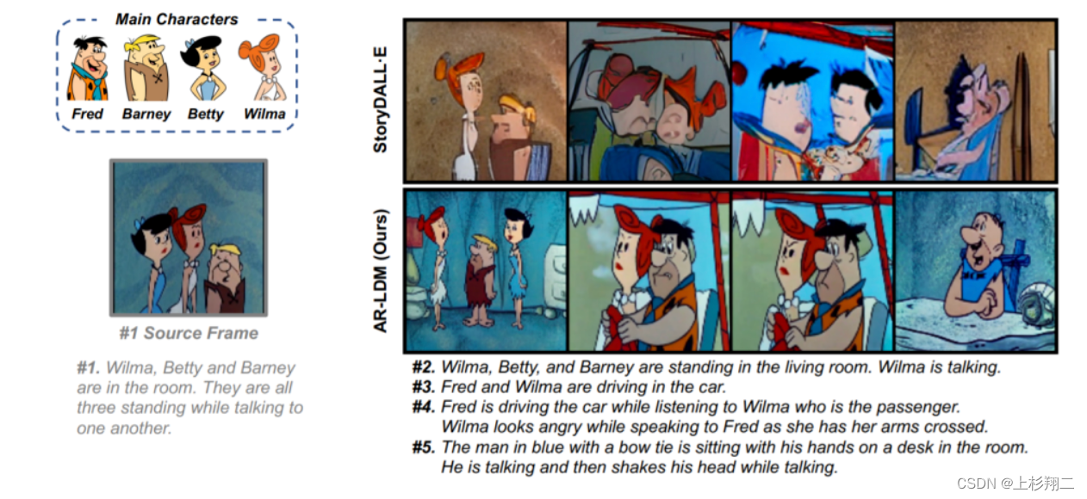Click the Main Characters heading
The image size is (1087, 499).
(177, 20)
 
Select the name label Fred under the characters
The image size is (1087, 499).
(87, 114)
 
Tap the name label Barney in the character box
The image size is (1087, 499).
(146, 114)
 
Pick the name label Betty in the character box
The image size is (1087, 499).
(206, 114)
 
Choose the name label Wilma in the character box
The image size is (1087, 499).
(264, 114)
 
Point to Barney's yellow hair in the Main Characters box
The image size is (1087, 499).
(143, 43)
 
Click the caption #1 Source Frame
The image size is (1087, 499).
(189, 333)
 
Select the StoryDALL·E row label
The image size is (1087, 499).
(381, 100)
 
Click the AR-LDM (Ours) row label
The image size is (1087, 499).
(381, 271)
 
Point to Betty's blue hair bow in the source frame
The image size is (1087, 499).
(140, 224)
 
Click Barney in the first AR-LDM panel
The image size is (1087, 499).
(481, 280)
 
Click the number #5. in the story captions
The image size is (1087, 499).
(423, 447)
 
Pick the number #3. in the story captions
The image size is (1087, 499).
(423, 387)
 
